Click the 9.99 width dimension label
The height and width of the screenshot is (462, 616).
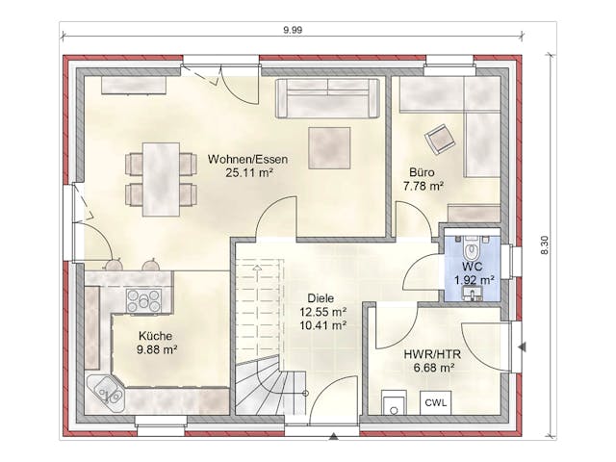click(x=293, y=30)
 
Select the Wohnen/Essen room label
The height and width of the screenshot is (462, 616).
click(x=248, y=159)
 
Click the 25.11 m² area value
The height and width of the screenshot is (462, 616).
click(x=249, y=173)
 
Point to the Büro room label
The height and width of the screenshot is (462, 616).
click(x=422, y=172)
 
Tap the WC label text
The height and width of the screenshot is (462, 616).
click(x=472, y=267)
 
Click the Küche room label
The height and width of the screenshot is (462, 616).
click(x=155, y=336)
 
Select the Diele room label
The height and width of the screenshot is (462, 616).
click(x=321, y=298)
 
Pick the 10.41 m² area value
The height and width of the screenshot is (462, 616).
click(x=323, y=325)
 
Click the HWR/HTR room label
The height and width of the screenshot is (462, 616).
click(x=432, y=354)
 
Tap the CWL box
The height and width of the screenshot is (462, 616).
click(x=436, y=402)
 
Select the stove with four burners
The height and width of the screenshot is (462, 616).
click(x=143, y=301)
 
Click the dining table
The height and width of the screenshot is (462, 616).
click(x=161, y=180)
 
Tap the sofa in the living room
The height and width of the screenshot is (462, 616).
click(x=327, y=98)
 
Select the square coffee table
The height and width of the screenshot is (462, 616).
click(x=329, y=148)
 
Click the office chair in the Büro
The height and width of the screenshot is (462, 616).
click(x=440, y=140)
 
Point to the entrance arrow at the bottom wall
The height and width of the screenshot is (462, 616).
click(x=334, y=436)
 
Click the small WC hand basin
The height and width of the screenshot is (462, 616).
click(x=472, y=293)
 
